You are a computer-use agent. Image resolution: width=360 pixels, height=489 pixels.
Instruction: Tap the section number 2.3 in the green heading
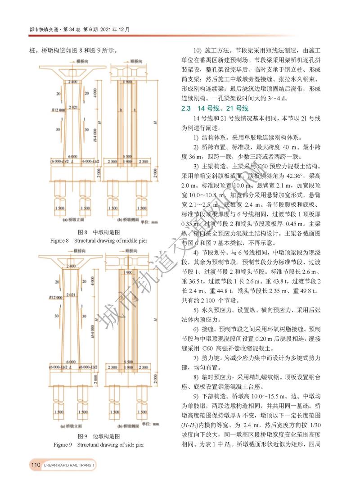(x=186, y=109)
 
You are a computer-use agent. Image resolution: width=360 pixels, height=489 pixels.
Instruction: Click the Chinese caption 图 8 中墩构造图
(x=99, y=232)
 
